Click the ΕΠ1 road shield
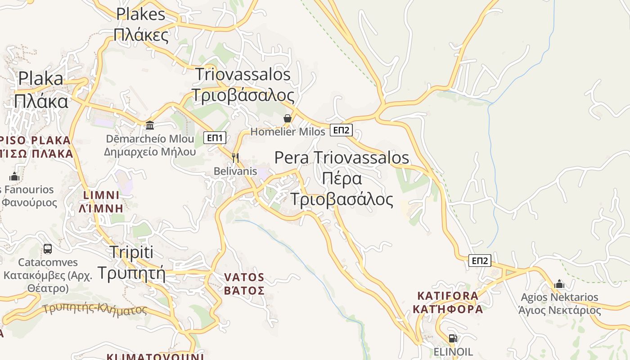click(215, 138)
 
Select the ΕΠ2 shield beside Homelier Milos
click(341, 130)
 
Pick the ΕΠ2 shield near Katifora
click(480, 261)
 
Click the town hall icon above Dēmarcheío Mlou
click(150, 125)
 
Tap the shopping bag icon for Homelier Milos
click(288, 118)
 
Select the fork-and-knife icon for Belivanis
click(235, 158)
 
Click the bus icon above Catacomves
click(47, 248)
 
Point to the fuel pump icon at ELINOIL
click(453, 338)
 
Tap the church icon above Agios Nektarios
click(559, 284)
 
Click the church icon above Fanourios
click(14, 176)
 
